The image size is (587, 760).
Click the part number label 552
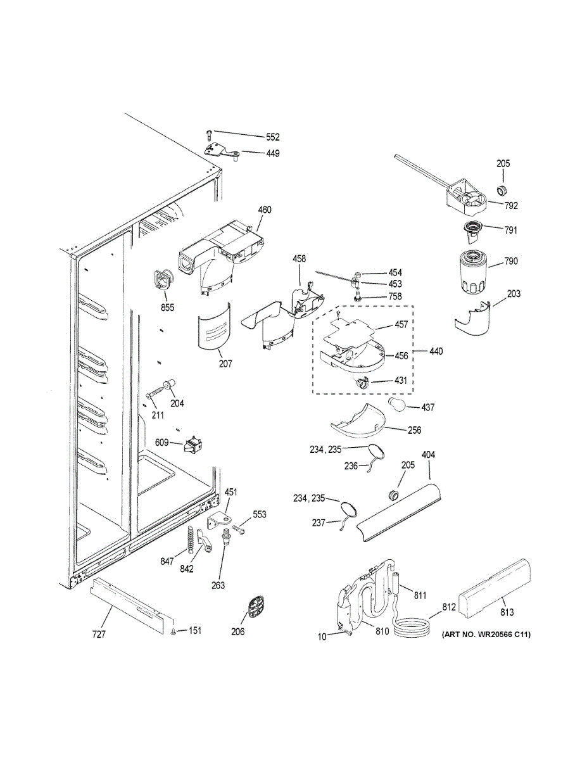[x=273, y=137]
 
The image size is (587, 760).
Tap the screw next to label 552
[x=210, y=133]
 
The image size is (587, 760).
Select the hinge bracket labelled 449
[x=219, y=151]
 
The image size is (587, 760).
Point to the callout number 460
[x=265, y=210]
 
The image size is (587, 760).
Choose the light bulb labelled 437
[x=397, y=405]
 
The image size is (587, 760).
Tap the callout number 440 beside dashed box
[x=436, y=351]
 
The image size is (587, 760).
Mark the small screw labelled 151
[x=173, y=631]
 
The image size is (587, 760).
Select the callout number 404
[x=429, y=455]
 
